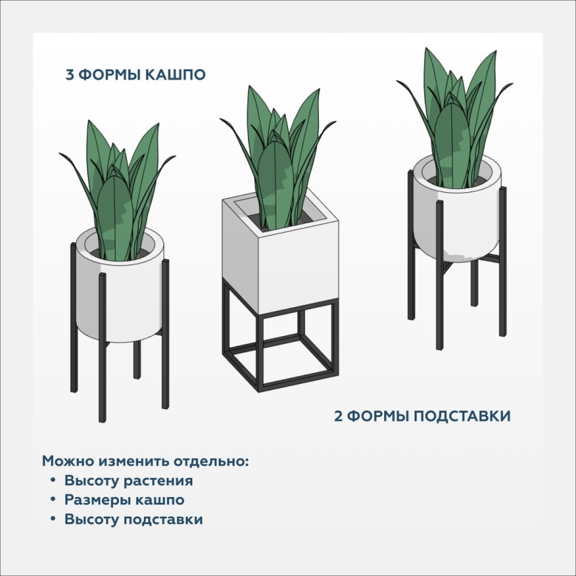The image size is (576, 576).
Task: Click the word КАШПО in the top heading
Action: coord(175,75)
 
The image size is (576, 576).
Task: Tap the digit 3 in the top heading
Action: coord(70,75)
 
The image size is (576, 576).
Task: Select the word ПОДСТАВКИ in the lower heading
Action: coord(462,416)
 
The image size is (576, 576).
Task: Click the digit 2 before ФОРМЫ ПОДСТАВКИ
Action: coord(338,416)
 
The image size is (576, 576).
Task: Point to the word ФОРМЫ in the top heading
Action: coord(109,75)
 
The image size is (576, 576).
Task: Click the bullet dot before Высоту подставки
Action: coord(53,518)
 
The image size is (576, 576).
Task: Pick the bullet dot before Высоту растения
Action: coord(53,480)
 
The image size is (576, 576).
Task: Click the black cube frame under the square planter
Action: coord(280,346)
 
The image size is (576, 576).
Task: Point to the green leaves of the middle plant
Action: coord(278,158)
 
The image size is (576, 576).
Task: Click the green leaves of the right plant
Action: coord(455,117)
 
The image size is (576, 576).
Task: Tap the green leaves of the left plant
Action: coord(117,191)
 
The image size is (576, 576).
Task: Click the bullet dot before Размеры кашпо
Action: coord(53,499)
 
